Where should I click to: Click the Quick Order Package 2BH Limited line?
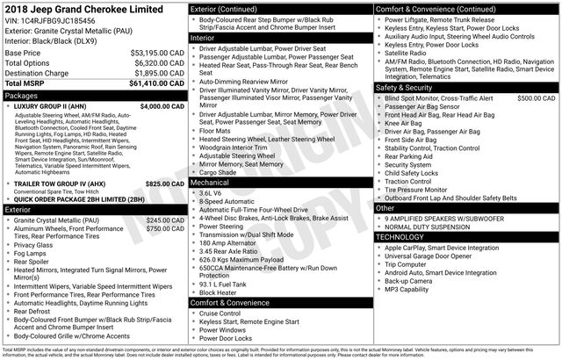(x=79, y=199)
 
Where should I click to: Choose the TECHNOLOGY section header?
(x=406, y=237)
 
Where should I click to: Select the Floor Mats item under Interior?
(x=216, y=130)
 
